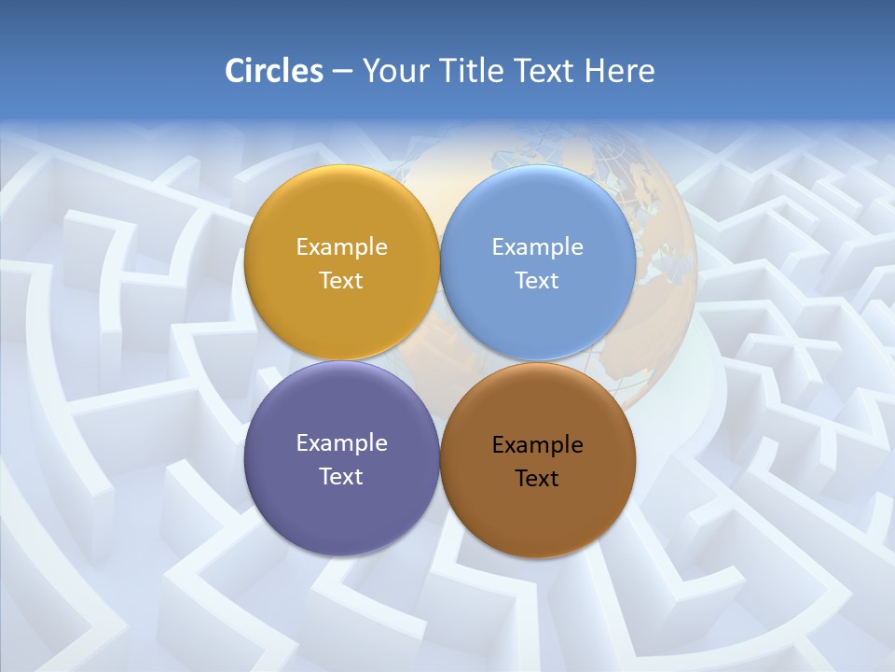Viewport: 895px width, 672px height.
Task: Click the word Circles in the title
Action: click(x=274, y=71)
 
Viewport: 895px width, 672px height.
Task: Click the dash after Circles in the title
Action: click(x=342, y=72)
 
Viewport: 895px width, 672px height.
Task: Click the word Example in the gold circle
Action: click(x=341, y=247)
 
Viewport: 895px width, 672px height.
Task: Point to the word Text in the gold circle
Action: click(x=341, y=281)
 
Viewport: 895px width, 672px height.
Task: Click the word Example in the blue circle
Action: click(x=538, y=247)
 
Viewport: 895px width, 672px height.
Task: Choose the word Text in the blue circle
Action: click(x=538, y=281)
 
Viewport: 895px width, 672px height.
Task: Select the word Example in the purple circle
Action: click(x=341, y=443)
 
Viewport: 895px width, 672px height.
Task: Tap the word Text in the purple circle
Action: click(x=341, y=477)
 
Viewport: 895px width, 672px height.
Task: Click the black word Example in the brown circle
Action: click(x=538, y=445)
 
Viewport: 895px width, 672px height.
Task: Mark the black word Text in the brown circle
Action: click(x=538, y=479)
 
